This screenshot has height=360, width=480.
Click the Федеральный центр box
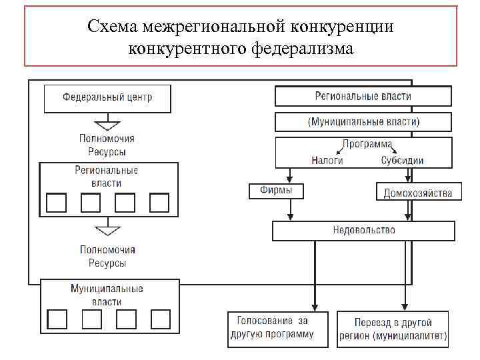point(107,97)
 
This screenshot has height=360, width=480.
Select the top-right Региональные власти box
point(363,96)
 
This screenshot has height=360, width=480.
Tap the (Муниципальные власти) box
point(363,122)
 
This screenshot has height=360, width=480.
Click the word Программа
point(367,144)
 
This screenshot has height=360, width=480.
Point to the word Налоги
point(327,160)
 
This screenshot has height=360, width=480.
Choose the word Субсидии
point(402,160)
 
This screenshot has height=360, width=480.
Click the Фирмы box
point(275,191)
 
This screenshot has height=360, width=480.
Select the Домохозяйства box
point(417,193)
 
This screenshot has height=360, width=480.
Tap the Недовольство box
point(363,231)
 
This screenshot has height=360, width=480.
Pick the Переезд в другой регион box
point(393,328)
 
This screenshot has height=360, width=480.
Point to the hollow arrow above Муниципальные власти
point(107,231)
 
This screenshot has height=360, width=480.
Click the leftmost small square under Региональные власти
point(56,202)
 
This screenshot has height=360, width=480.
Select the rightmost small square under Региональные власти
point(159,202)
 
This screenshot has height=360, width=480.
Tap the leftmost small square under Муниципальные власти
point(58,319)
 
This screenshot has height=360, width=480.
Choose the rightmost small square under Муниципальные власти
point(161,319)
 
